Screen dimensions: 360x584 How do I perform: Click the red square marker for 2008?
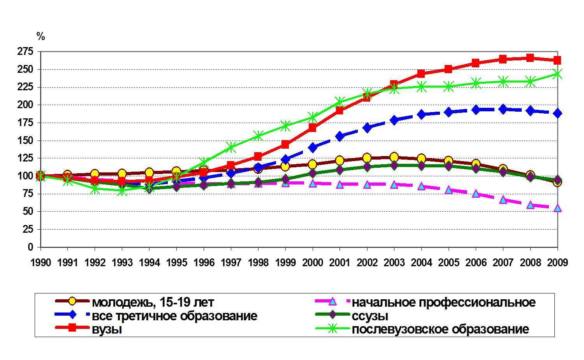click(x=530, y=58)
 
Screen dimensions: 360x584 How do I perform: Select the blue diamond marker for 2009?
click(x=558, y=113)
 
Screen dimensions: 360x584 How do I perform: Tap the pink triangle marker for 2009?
click(x=558, y=208)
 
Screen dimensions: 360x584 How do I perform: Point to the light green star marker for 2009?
click(x=558, y=74)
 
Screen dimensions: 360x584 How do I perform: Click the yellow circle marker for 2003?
click(x=394, y=157)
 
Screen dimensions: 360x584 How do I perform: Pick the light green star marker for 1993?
click(x=122, y=191)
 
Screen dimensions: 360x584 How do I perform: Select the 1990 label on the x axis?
click(x=40, y=263)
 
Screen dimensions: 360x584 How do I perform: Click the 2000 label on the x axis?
click(x=313, y=263)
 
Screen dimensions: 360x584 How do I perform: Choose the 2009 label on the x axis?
click(x=558, y=263)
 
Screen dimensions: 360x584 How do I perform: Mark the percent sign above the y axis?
click(x=40, y=37)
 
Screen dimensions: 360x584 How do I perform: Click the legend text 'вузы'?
click(x=107, y=329)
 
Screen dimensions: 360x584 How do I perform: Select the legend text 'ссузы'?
click(x=369, y=316)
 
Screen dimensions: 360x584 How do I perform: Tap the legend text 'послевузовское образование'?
click(x=440, y=329)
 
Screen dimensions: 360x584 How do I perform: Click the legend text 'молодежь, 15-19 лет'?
click(x=153, y=302)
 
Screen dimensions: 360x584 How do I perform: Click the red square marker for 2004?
click(x=421, y=74)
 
